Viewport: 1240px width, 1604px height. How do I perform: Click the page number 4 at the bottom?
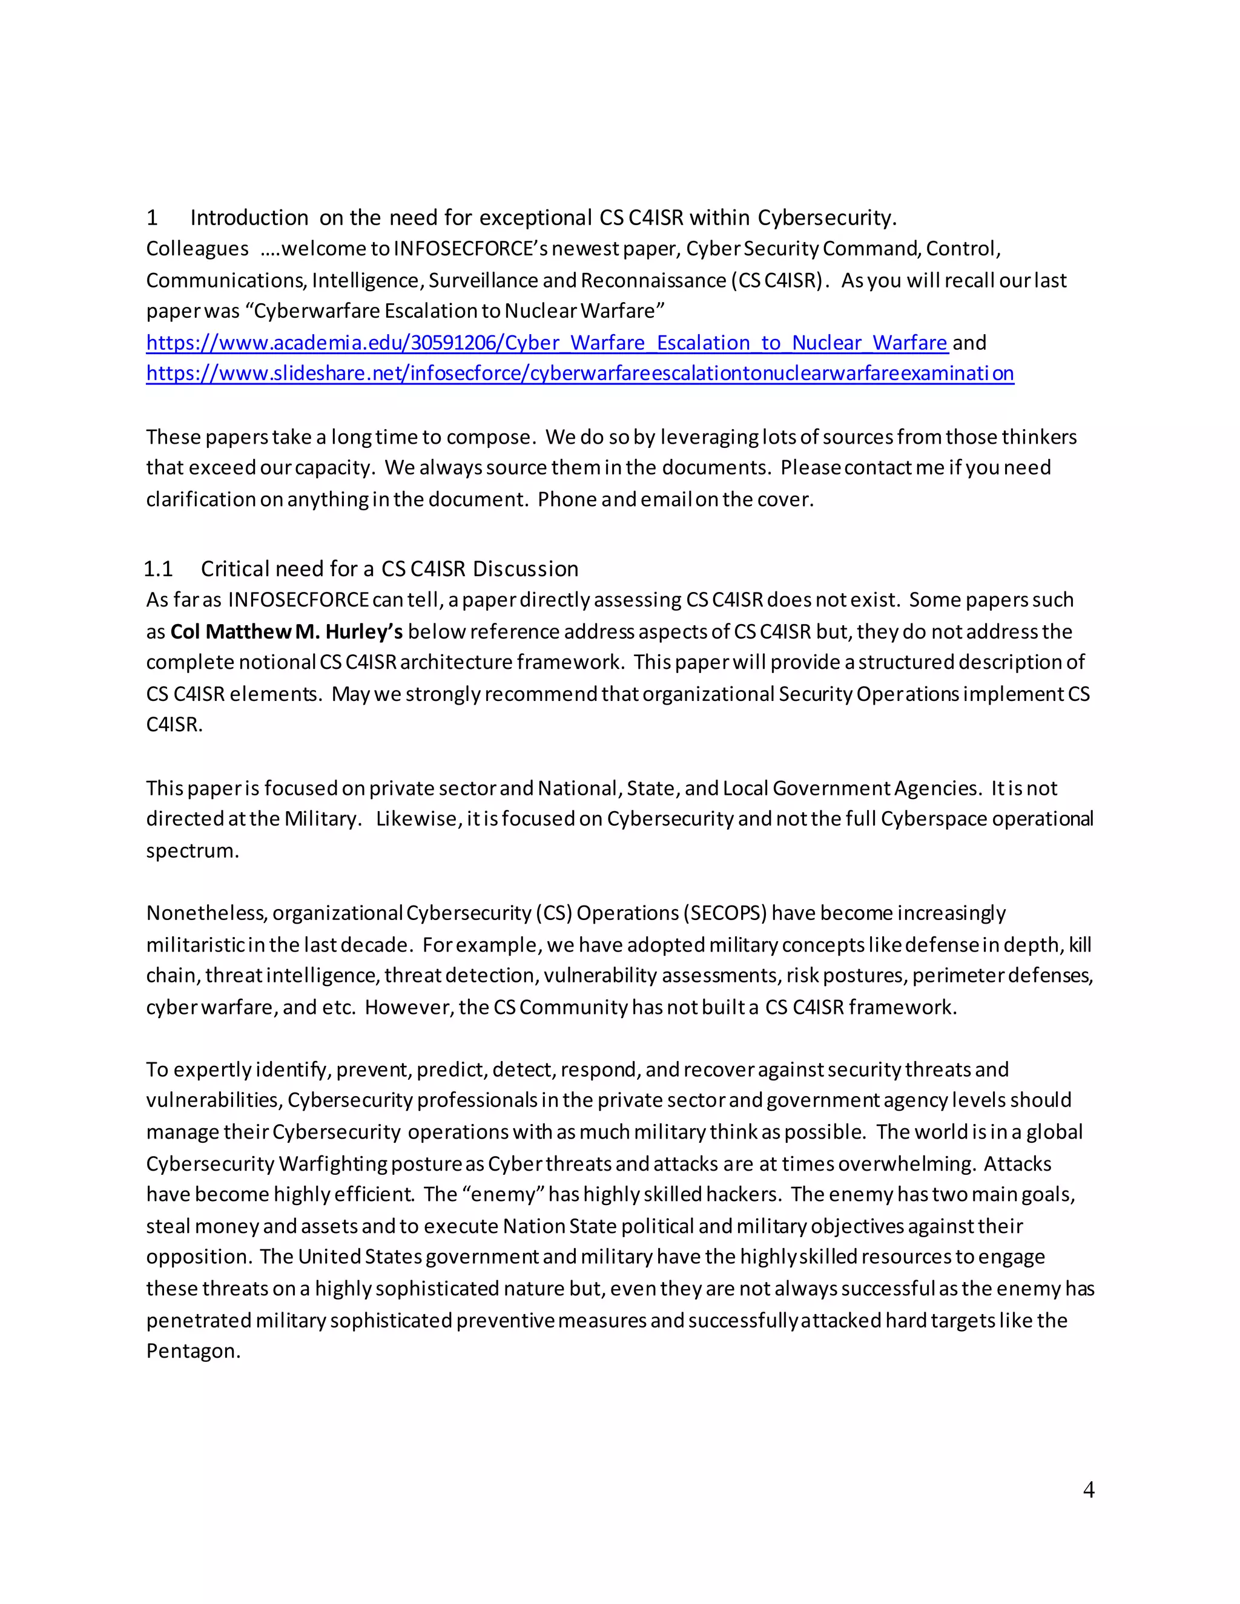1088,1490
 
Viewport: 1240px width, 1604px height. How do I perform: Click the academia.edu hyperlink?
547,343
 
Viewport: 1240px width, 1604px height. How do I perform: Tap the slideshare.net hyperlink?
579,374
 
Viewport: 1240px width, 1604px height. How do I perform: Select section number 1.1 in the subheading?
158,568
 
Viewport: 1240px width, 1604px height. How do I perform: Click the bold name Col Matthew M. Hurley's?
286,631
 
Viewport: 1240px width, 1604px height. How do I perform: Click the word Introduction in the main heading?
249,217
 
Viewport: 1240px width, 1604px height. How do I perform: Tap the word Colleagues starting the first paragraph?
197,249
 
